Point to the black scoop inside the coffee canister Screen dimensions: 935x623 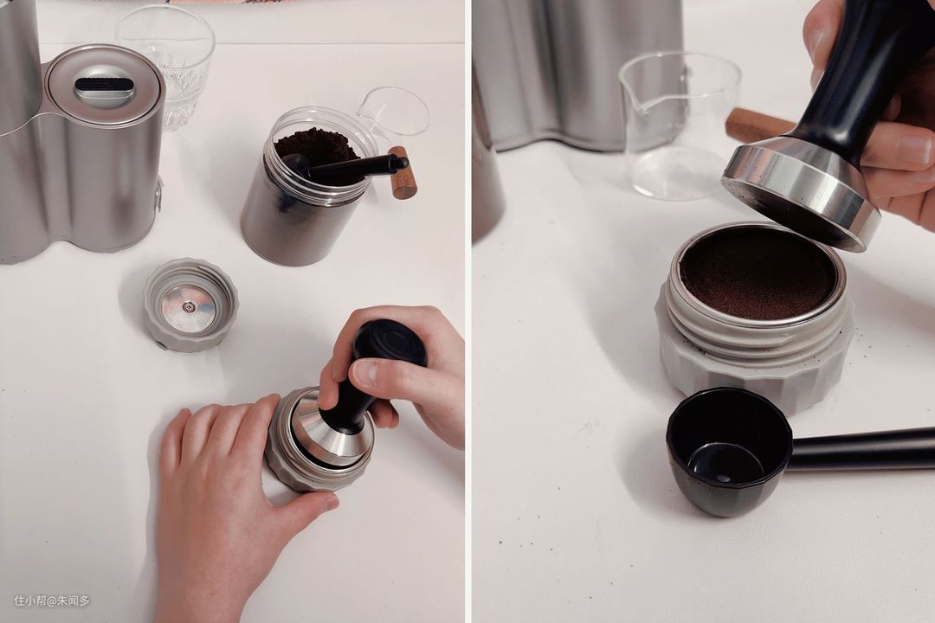342,167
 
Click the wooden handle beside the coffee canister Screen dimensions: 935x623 402,172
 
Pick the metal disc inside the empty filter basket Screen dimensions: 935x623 189,307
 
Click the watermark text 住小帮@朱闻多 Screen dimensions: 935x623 52,601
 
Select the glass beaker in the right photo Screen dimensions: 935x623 680,125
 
